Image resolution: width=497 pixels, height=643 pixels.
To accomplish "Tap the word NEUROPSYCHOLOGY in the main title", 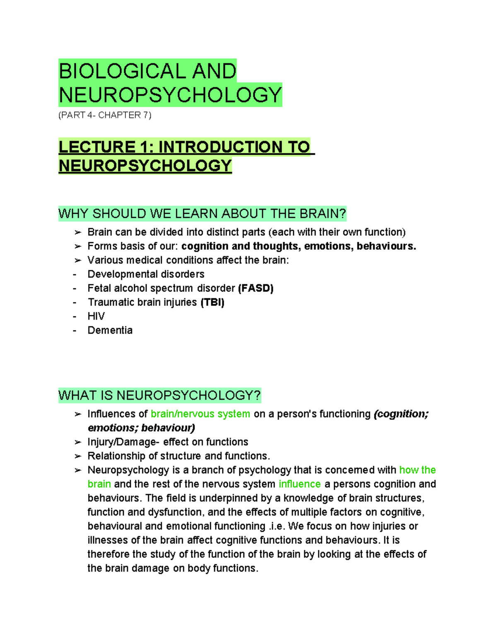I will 170,95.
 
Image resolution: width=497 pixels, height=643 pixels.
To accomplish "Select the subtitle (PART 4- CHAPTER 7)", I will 105,115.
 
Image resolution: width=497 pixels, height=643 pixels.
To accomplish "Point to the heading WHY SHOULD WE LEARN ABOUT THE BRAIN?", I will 202,214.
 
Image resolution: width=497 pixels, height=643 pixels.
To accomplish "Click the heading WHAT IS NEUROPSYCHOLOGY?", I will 159,395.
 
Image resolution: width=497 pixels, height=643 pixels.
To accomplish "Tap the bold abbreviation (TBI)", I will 212,302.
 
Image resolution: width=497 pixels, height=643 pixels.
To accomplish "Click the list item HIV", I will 96,316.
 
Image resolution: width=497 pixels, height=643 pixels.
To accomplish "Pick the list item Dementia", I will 110,330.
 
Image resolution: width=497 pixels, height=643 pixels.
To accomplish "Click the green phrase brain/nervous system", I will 200,414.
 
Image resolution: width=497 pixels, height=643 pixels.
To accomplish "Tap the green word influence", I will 299,484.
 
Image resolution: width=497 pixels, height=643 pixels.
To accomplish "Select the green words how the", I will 417,470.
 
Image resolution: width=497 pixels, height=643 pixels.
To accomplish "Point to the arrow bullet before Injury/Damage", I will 77,442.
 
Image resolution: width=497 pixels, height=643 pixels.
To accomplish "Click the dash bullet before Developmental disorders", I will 75,274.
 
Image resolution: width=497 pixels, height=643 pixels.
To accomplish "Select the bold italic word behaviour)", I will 168,428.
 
